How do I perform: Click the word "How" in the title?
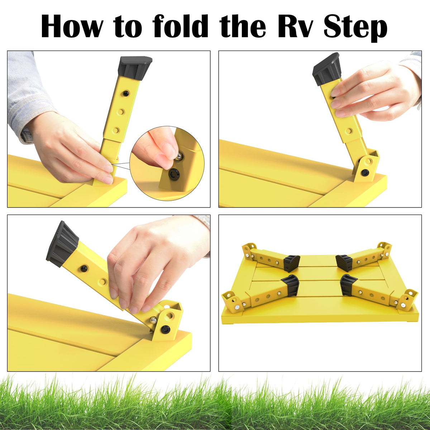click(72, 27)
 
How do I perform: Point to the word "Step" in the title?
click(355, 28)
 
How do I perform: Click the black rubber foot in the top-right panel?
click(326, 69)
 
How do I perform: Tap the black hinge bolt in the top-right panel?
click(365, 172)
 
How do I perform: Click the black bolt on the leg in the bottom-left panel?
click(84, 267)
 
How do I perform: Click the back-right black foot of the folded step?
click(344, 263)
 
